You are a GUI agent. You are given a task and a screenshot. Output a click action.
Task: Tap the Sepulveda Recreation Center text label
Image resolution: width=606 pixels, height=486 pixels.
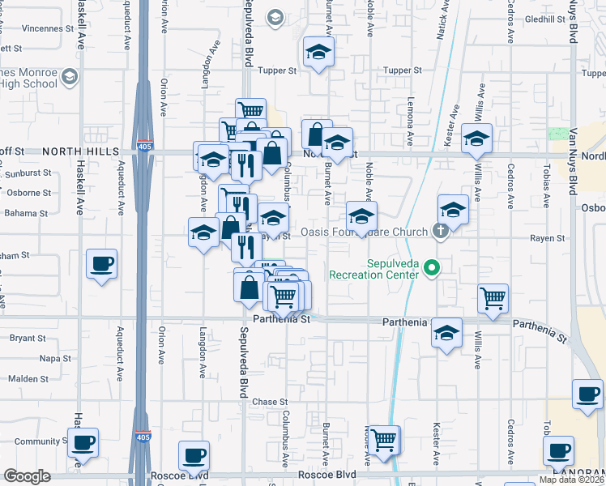373,269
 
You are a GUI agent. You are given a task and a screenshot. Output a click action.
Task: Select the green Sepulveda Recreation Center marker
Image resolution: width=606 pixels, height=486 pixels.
433,267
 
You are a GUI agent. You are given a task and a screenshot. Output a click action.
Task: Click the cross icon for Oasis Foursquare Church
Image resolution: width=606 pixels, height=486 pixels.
440,232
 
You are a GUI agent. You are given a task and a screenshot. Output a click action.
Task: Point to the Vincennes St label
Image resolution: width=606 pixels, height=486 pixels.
33,28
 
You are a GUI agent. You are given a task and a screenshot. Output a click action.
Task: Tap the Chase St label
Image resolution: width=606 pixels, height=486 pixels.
270,402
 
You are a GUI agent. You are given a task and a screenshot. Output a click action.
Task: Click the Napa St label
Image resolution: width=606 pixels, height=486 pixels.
55,358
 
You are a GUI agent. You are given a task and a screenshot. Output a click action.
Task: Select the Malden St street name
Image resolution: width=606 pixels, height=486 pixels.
28,379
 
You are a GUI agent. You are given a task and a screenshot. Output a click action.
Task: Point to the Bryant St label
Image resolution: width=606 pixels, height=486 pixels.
27,338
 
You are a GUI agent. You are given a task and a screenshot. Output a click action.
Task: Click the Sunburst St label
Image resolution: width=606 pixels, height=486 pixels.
28,173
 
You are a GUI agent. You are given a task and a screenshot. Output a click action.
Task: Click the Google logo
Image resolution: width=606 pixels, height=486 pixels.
26,476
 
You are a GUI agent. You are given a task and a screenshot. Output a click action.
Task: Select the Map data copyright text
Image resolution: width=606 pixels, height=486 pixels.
571,480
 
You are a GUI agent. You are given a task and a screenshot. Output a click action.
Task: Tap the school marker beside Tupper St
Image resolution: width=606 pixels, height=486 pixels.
319,53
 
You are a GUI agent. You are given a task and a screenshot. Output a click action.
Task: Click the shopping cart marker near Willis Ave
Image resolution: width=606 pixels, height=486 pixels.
493,300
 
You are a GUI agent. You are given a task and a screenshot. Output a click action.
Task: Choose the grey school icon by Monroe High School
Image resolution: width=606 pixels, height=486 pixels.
70,78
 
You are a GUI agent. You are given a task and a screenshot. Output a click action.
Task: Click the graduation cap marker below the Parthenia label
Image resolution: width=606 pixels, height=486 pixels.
446,334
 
